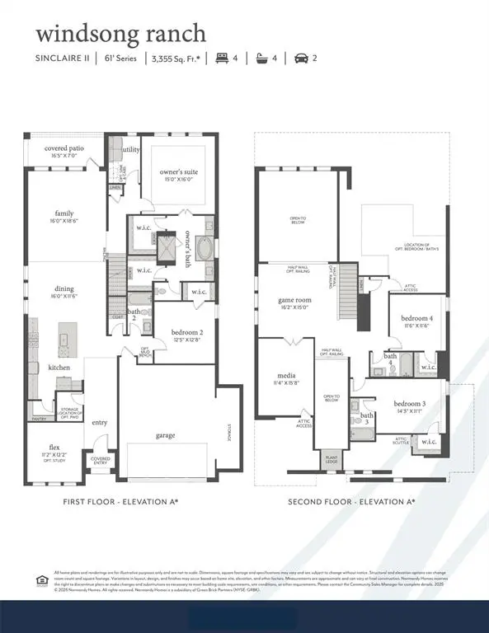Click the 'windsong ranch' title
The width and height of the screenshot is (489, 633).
click(120, 34)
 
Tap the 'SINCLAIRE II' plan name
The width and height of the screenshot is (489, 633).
click(62, 59)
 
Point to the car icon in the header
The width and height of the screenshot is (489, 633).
click(302, 59)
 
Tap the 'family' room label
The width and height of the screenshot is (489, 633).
click(64, 213)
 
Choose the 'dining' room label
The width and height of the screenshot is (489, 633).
click(64, 288)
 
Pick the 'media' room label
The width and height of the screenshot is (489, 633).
click(285, 375)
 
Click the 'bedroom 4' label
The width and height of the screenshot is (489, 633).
click(416, 318)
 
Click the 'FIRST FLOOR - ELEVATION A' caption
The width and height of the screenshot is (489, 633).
click(120, 501)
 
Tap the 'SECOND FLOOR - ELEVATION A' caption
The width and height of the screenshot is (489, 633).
click(350, 501)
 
